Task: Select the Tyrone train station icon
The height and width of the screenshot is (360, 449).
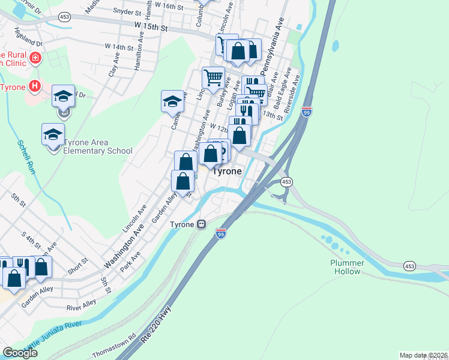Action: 202,224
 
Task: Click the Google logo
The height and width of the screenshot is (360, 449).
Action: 20,353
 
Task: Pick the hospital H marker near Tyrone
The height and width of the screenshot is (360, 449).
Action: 35,86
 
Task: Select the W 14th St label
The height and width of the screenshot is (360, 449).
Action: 118,46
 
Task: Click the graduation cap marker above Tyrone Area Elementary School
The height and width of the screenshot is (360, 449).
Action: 53,133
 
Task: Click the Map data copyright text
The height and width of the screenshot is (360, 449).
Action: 423,355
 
